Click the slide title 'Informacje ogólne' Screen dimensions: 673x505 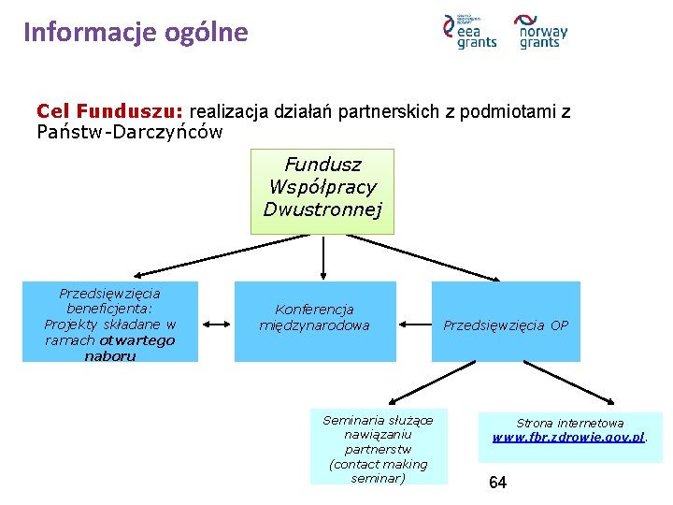point(136,33)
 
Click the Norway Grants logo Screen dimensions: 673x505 point(542,32)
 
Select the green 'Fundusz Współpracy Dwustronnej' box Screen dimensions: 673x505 point(322,191)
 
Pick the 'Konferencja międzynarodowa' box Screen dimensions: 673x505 point(314,321)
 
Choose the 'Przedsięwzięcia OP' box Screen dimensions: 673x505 point(506,322)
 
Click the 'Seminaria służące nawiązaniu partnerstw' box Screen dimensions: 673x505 point(378,447)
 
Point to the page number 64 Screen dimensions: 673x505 point(498,483)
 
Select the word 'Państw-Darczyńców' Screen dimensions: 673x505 point(130,132)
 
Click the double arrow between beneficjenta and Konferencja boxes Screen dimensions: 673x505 point(216,324)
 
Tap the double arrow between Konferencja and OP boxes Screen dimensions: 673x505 point(414,324)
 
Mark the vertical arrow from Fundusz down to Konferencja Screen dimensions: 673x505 point(323,257)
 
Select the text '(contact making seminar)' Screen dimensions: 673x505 point(378,471)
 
